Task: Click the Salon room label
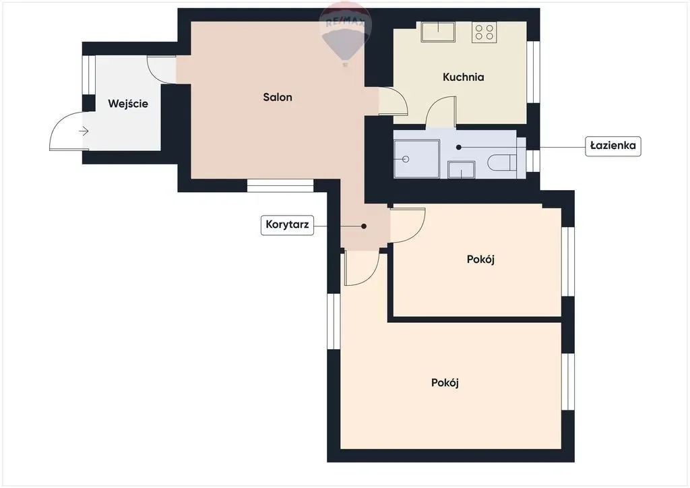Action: [x=277, y=97]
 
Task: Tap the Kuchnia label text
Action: [x=463, y=77]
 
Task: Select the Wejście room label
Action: [x=127, y=104]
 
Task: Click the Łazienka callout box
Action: [x=613, y=146]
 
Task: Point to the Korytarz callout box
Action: [x=287, y=225]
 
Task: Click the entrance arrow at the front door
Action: [x=84, y=131]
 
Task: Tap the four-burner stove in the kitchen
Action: [x=484, y=32]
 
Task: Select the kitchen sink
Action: [x=438, y=32]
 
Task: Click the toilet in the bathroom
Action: [x=503, y=162]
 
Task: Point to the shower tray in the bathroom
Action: [x=416, y=159]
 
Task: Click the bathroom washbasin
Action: [x=461, y=170]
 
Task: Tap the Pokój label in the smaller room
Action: [x=480, y=260]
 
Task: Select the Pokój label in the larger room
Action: [x=445, y=383]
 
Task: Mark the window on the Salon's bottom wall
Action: [x=280, y=185]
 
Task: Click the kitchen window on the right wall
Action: [x=534, y=72]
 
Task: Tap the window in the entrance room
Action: [x=89, y=75]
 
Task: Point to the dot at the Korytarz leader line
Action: [x=364, y=226]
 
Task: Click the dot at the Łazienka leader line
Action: [x=458, y=148]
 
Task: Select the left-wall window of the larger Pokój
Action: [x=334, y=322]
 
